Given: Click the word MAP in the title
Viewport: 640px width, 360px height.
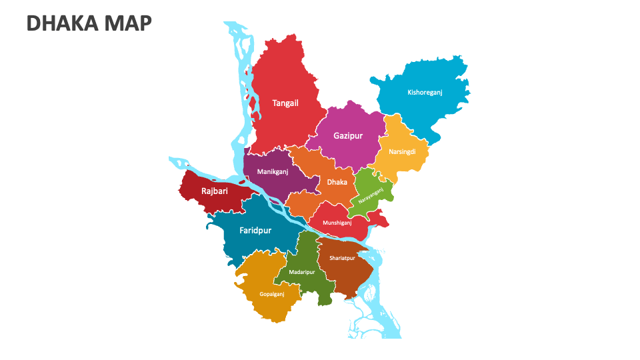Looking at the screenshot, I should pyautogui.click(x=128, y=23).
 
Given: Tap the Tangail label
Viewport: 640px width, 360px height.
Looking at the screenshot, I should pyautogui.click(x=285, y=103).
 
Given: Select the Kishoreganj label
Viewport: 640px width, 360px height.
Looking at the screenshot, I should pyautogui.click(x=425, y=93).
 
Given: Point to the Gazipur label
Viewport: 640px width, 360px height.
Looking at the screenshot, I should pyautogui.click(x=348, y=136).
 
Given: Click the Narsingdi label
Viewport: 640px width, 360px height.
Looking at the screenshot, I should pyautogui.click(x=402, y=152).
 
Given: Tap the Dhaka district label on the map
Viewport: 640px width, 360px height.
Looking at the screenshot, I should pyautogui.click(x=337, y=182).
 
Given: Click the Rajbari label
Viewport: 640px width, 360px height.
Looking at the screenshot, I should pyautogui.click(x=215, y=192).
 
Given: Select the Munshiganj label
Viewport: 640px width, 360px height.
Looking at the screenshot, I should pyautogui.click(x=337, y=223).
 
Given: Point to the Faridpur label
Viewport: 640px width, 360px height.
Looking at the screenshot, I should pyautogui.click(x=255, y=231).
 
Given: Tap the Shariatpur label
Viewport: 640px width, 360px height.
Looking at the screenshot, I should pyautogui.click(x=342, y=258).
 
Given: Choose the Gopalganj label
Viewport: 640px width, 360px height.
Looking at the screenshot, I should pyautogui.click(x=272, y=294).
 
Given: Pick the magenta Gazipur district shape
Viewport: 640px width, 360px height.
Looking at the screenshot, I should pyautogui.click(x=350, y=153).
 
